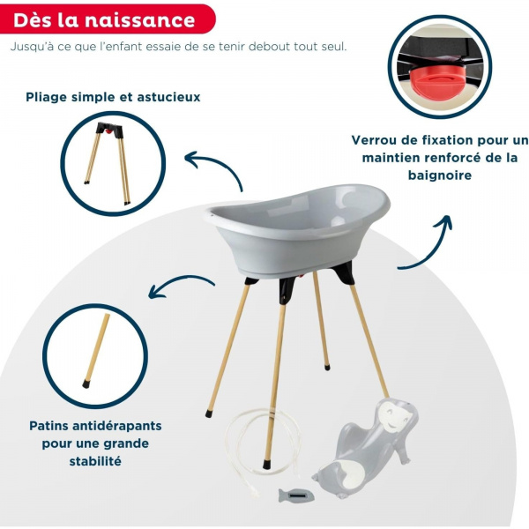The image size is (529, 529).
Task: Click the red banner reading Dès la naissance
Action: [x=105, y=19]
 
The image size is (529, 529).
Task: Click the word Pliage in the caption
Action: [x=50, y=97]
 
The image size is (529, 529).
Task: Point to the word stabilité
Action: [x=94, y=461]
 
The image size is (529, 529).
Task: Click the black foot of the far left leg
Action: [x=209, y=412]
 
